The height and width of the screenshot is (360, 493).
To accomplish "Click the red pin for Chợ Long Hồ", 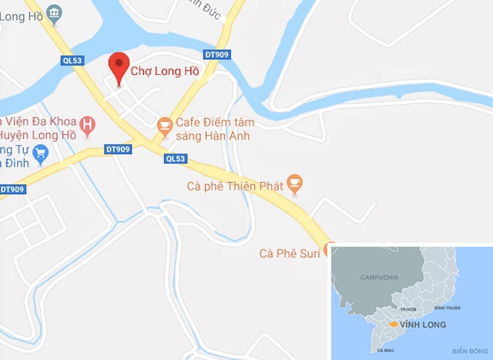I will (x=118, y=66).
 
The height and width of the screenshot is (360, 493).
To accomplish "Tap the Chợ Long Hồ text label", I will (x=163, y=72).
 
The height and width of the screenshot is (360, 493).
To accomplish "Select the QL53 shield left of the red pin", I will (x=72, y=60).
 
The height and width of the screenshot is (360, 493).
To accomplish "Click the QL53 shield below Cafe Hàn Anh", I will (x=175, y=159).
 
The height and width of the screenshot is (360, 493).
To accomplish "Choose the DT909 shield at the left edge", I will (x=12, y=189).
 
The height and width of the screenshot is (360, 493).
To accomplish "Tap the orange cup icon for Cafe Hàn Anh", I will (x=163, y=123).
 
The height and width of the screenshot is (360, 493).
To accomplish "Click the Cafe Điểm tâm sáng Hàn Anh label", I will (x=215, y=129).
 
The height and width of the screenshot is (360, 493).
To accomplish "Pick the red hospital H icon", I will (x=88, y=124).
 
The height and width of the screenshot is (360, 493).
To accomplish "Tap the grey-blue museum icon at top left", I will (x=54, y=12).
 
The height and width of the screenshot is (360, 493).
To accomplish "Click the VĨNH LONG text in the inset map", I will (x=420, y=325).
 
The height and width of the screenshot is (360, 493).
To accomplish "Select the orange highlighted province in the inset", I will (x=394, y=325).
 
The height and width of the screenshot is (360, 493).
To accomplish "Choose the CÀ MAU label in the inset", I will (x=385, y=350).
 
